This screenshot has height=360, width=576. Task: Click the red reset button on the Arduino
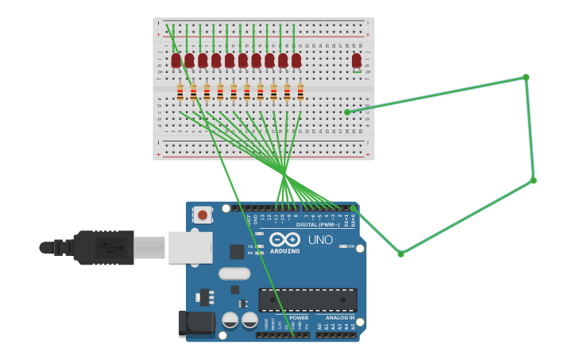203,215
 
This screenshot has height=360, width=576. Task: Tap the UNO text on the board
320,240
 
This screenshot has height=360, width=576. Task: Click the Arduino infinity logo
284,239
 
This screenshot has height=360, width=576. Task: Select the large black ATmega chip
307,300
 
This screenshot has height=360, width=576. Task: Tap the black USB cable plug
103,247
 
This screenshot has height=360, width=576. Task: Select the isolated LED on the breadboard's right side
357,61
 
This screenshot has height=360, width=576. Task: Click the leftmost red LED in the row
176,61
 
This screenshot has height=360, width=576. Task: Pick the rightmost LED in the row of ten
296,61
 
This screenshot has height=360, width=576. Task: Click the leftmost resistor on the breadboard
180,92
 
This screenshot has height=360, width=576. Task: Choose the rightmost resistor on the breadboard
300,92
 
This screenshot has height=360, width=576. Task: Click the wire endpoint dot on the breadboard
347,112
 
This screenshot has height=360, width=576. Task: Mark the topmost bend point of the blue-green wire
525,77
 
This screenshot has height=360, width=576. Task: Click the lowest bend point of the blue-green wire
400,254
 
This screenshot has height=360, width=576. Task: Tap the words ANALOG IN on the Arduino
340,317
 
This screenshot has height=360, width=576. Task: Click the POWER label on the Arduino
299,317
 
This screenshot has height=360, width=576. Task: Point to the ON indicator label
350,246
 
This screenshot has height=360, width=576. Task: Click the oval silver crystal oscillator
234,274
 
